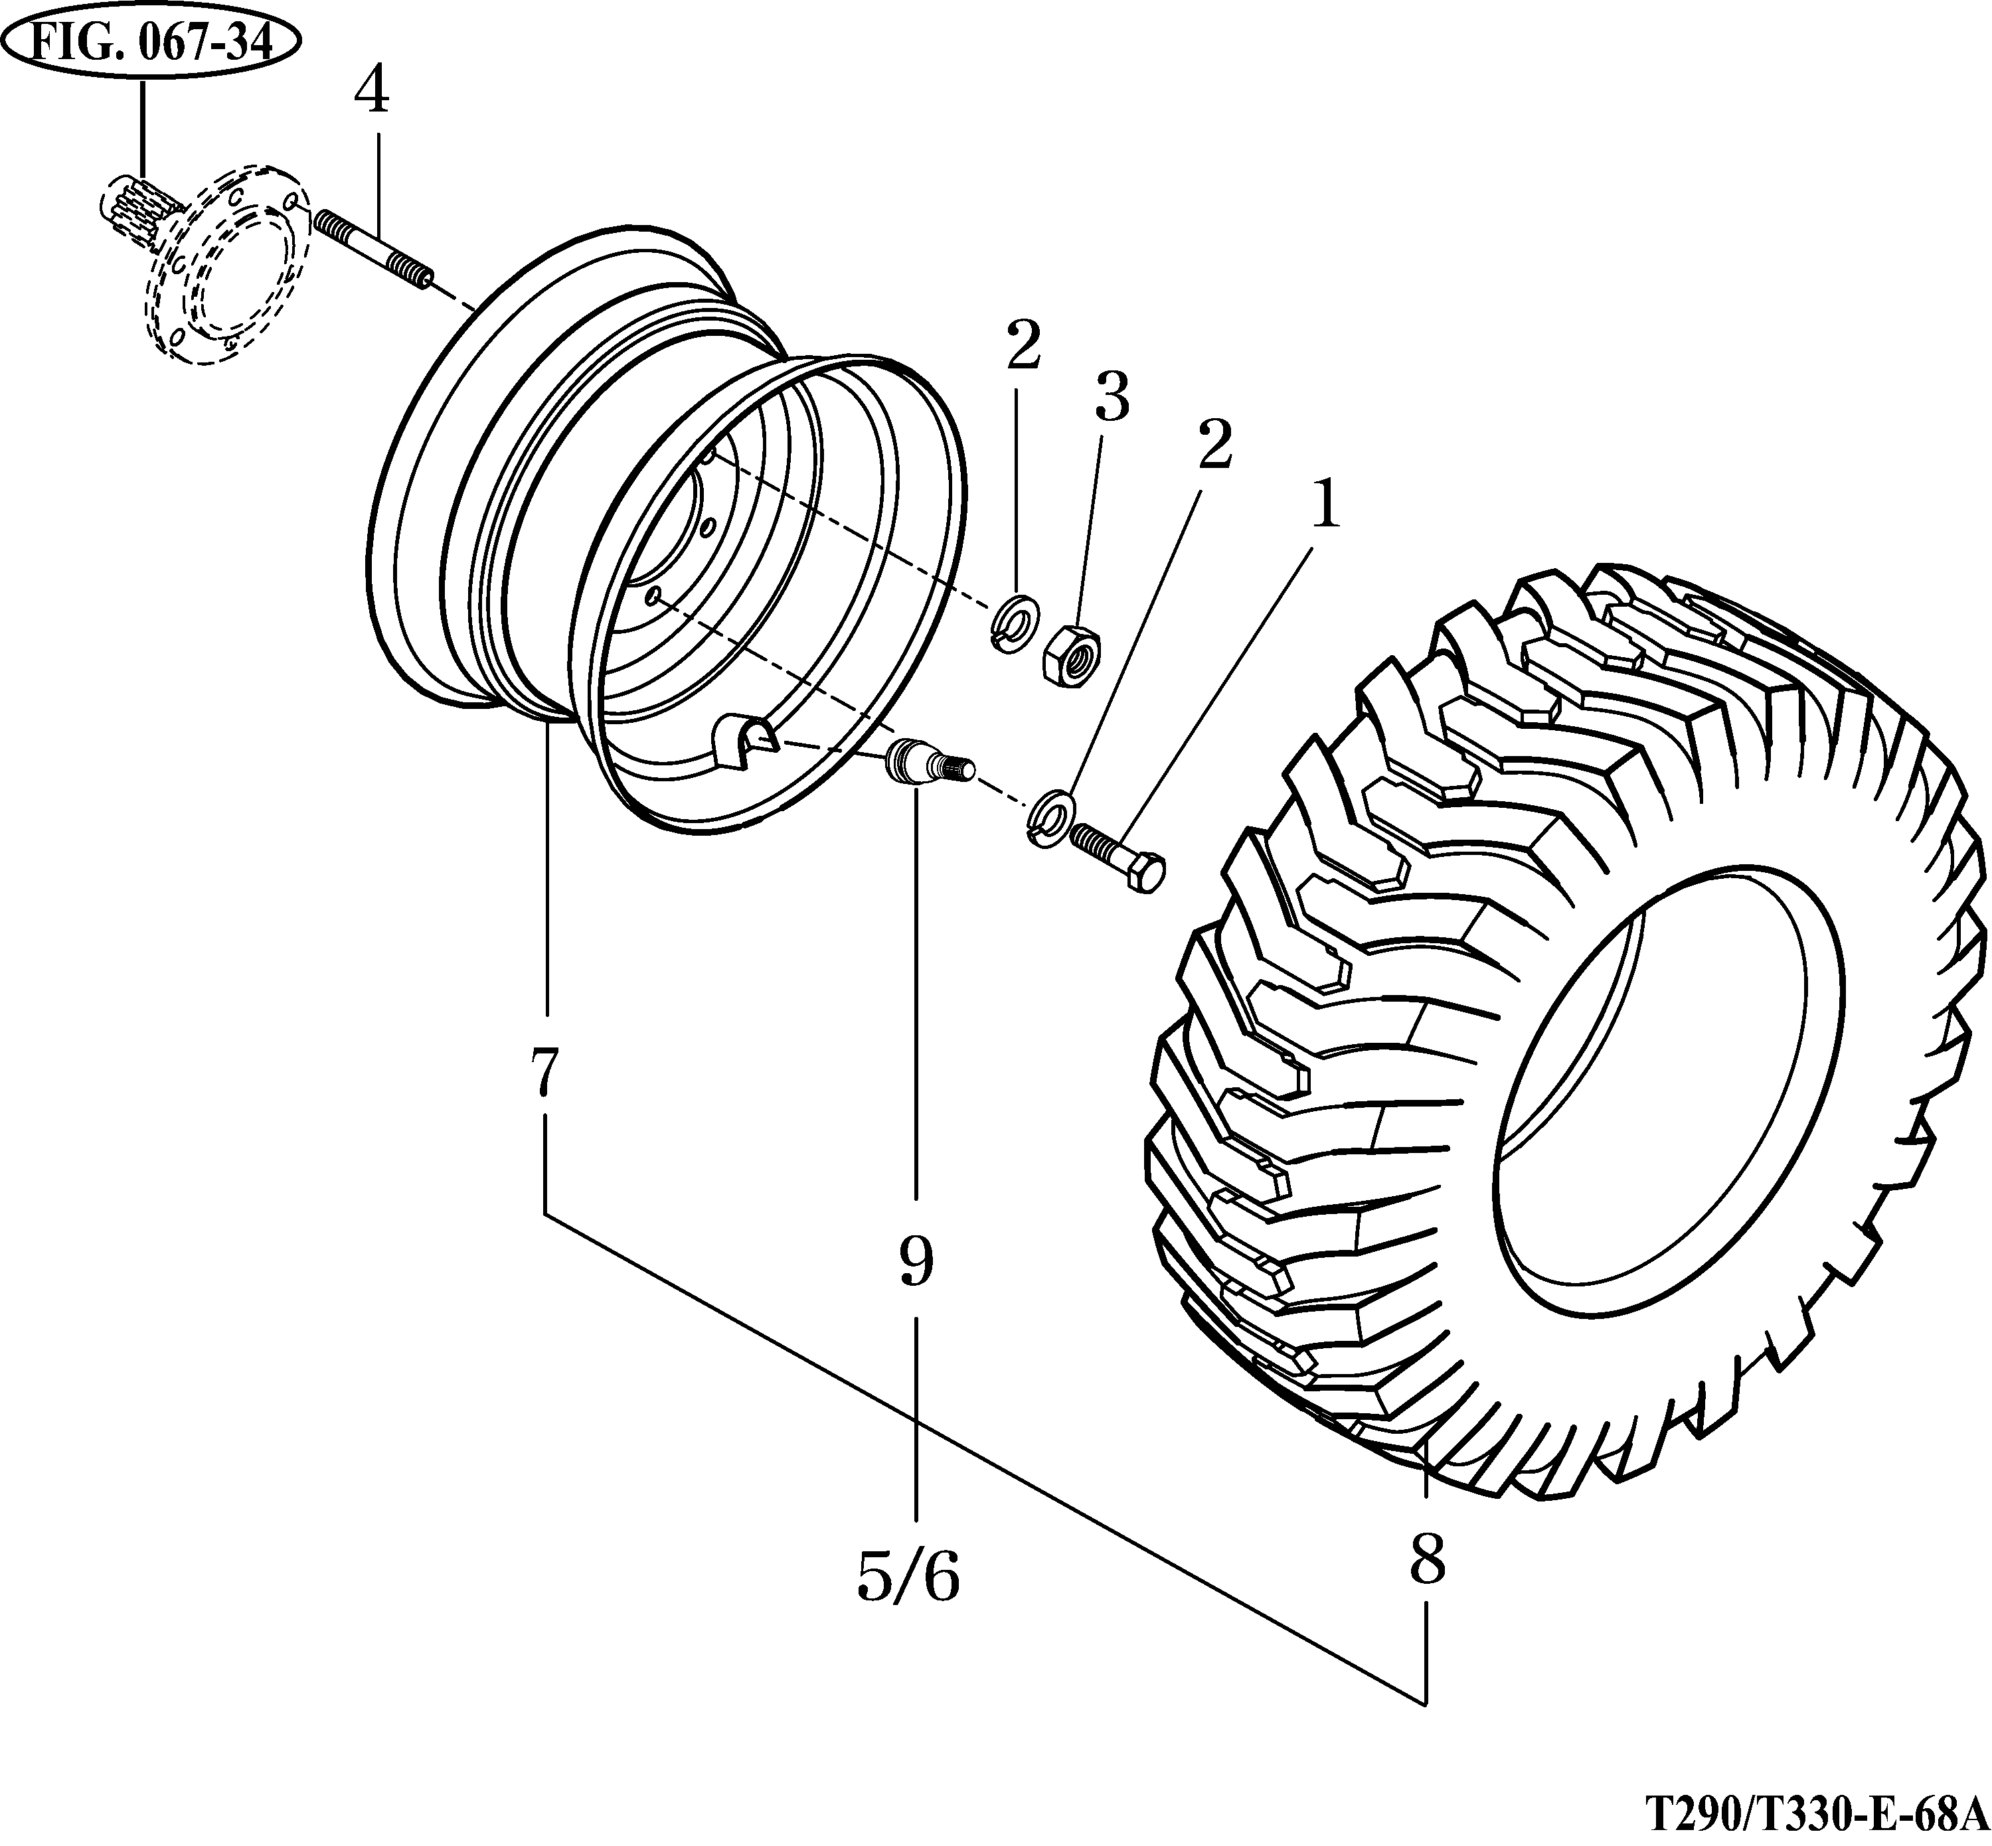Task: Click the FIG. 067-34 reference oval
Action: pos(151,46)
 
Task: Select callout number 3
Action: pos(1110,398)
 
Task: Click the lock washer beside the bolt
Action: pos(1049,818)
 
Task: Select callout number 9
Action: pos(915,1263)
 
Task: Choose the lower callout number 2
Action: pos(1214,447)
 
